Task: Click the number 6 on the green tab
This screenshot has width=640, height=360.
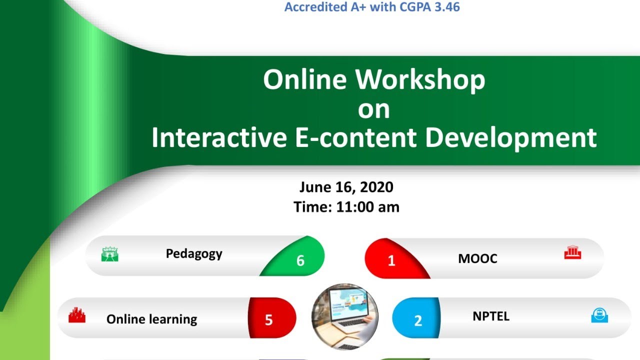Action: (300, 260)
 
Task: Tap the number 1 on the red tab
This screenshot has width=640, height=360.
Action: (391, 260)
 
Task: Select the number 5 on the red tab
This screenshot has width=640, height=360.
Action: (268, 320)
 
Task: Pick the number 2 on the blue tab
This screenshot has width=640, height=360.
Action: (418, 320)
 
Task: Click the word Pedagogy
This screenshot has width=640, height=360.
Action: (194, 254)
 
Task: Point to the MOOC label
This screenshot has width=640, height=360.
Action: (477, 259)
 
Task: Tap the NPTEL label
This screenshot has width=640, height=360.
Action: (491, 316)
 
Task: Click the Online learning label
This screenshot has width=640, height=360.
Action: (151, 319)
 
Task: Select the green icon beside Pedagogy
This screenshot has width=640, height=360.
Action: (109, 254)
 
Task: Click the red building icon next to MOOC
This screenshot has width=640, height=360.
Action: (572, 253)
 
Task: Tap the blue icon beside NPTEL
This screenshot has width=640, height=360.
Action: (599, 315)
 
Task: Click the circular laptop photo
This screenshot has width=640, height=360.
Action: (344, 317)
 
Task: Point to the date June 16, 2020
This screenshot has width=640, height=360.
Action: (346, 187)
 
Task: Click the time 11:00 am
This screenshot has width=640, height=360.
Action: (367, 206)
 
